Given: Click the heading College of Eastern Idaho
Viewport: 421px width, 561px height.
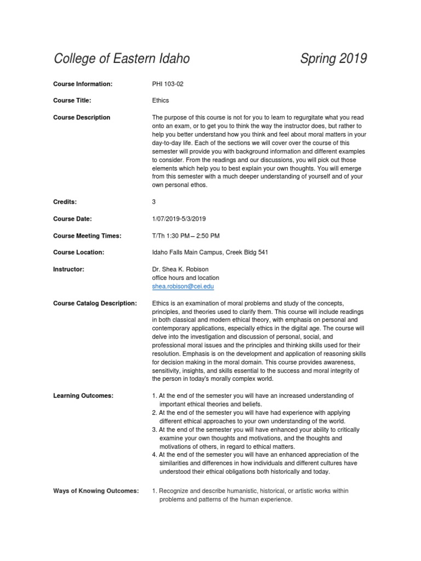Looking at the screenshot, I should pyautogui.click(x=122, y=59).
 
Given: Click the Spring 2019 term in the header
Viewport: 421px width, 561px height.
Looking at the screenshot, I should pyautogui.click(x=333, y=59).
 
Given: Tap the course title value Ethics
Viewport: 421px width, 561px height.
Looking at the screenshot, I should pyautogui.click(x=160, y=101).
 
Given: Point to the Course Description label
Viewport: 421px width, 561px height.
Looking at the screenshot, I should pyautogui.click(x=82, y=117).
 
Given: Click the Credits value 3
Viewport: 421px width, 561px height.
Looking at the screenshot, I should pyautogui.click(x=154, y=202).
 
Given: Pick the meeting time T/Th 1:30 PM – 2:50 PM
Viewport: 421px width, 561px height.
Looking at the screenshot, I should pyautogui.click(x=186, y=236).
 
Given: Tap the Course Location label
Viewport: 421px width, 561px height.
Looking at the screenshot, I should pyautogui.click(x=78, y=253).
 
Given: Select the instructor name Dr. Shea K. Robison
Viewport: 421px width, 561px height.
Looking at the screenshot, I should pyautogui.click(x=181, y=270).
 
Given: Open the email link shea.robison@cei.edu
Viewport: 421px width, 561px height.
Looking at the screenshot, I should pyautogui.click(x=183, y=287).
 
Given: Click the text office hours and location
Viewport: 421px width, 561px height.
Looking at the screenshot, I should pyautogui.click(x=185, y=278).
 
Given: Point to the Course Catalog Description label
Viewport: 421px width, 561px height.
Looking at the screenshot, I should pyautogui.click(x=95, y=304).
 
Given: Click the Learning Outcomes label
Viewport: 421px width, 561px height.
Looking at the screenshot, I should pyautogui.click(x=83, y=396).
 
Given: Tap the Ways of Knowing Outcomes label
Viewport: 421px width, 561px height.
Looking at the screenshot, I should pyautogui.click(x=96, y=491).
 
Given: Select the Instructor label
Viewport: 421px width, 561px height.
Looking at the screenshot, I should pyautogui.click(x=69, y=270).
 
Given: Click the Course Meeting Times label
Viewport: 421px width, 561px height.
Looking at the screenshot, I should pyautogui.click(x=87, y=236).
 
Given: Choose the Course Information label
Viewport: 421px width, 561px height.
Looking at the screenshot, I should pyautogui.click(x=83, y=84).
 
